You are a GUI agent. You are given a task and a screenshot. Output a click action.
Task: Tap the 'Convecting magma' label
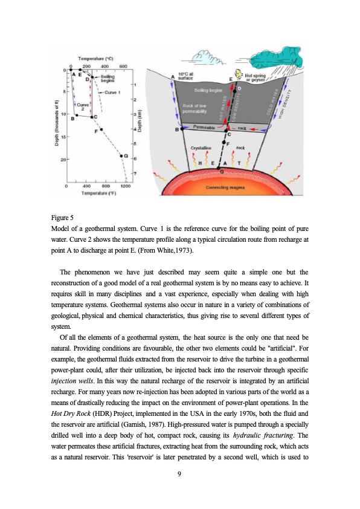(x=225, y=188)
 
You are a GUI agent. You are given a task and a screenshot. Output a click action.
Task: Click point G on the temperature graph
(x=122, y=156)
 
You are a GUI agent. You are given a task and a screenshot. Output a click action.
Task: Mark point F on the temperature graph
(x=102, y=129)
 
